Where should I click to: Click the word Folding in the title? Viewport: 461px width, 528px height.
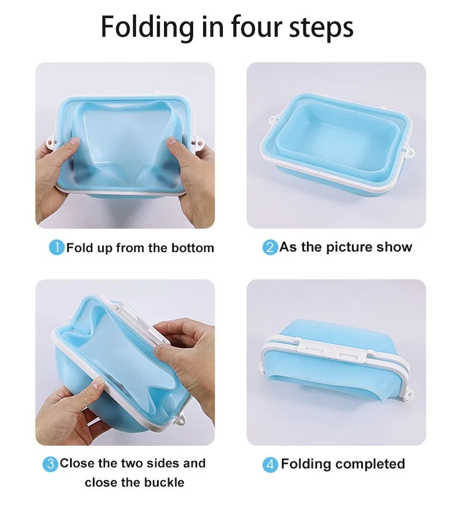pyautogui.click(x=147, y=27)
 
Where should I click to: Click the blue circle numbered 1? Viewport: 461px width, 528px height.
pyautogui.click(x=56, y=247)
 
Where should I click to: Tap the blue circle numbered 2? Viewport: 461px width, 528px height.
pyautogui.click(x=270, y=247)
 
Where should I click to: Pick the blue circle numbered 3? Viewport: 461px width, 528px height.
pyautogui.click(x=50, y=464)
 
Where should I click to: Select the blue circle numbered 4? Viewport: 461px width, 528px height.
pyautogui.click(x=270, y=465)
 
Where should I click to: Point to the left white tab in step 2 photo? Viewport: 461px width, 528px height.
pyautogui.click(x=271, y=121)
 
